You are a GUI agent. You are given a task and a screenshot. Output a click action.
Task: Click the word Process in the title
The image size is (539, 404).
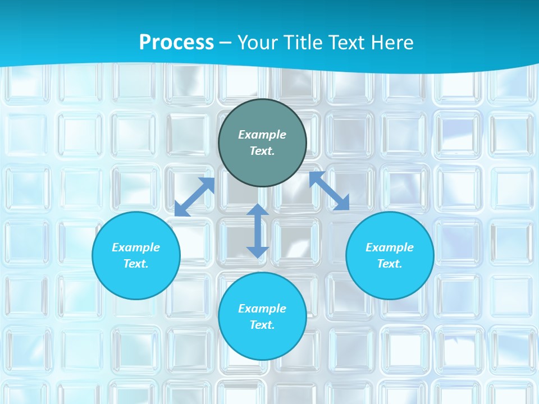coord(176,43)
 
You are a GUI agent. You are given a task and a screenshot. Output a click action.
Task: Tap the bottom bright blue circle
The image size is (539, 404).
coord(262,342)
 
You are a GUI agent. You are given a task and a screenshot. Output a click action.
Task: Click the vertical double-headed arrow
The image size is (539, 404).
coord(258,231)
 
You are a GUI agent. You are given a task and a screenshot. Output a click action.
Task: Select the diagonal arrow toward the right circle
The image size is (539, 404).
coord(329,191)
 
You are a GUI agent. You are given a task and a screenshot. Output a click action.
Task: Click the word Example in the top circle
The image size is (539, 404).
coord(262,135)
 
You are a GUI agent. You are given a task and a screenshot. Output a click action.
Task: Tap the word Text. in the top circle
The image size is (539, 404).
coord(262,151)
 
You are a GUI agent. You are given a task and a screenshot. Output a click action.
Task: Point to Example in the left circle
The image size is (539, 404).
coord(136,247)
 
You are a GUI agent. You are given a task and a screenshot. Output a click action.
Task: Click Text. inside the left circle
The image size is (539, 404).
coord(136,264)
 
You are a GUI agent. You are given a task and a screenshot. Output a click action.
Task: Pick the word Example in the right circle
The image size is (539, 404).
coord(390,247)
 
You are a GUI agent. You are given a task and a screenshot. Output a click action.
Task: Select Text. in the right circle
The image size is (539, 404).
coord(390,264)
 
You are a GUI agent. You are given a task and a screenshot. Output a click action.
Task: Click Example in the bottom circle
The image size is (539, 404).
coord(262,309)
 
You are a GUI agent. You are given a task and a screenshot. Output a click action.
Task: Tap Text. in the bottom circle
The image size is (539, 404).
coord(262,325)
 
